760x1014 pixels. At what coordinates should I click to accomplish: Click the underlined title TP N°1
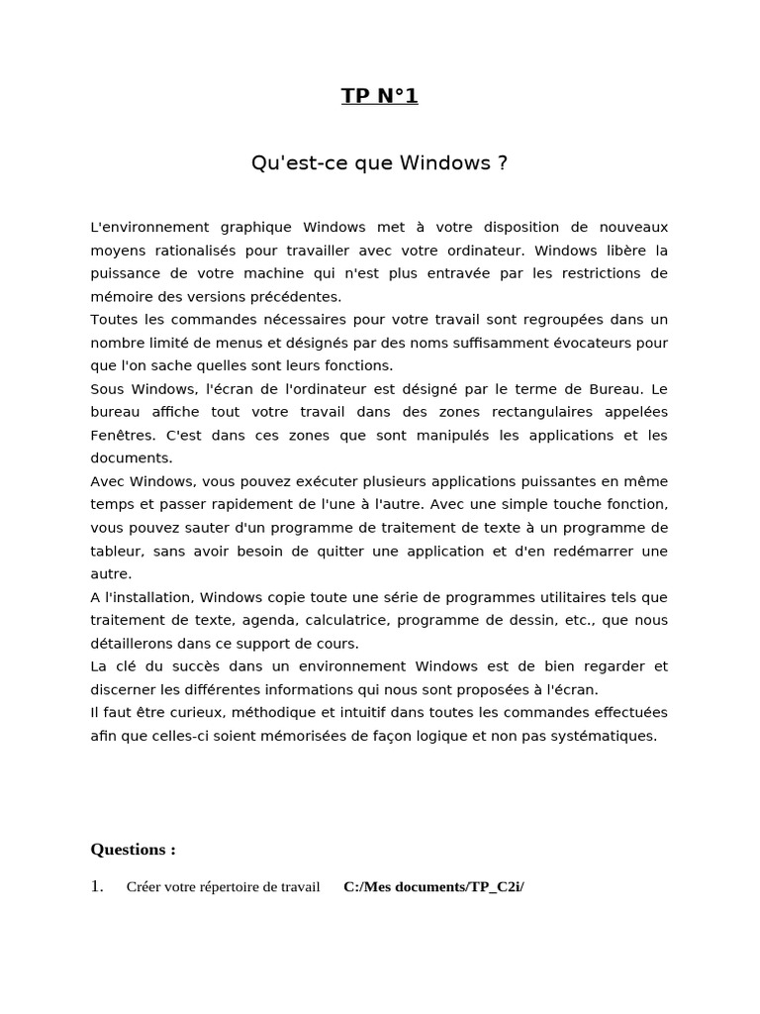(379, 96)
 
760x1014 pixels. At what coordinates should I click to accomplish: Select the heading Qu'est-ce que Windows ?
(379, 162)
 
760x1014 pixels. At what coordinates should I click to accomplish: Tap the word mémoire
(120, 296)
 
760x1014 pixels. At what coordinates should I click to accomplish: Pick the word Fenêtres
(123, 436)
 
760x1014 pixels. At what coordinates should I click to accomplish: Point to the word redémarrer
(575, 551)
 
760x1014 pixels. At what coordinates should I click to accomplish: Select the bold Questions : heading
(134, 849)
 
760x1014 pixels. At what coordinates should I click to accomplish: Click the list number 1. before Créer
(97, 886)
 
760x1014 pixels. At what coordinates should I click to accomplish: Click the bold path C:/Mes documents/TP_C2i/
(433, 887)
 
